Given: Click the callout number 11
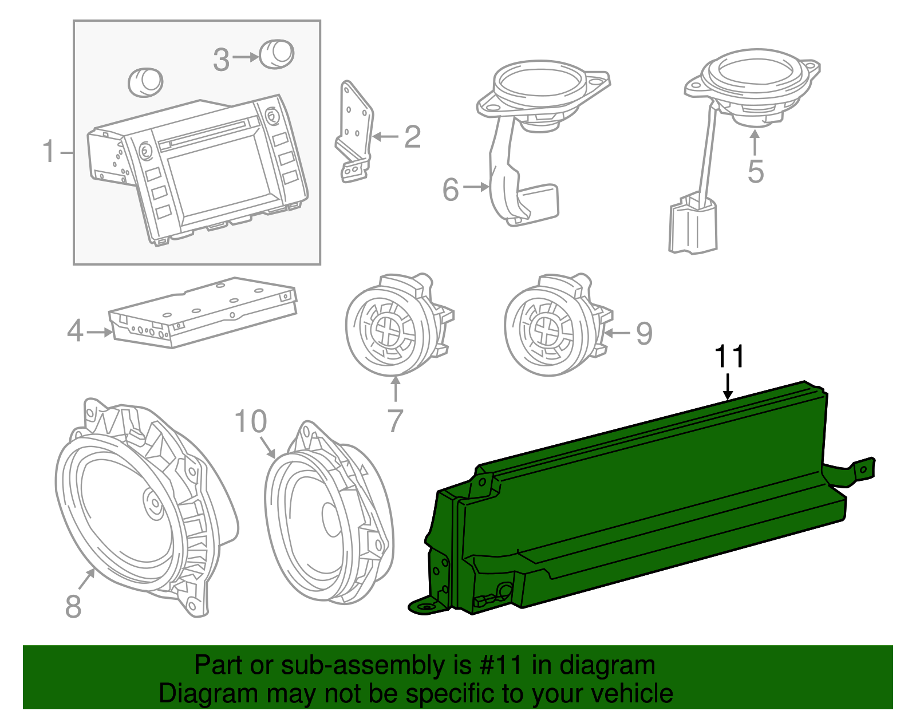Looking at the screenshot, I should tap(729, 357).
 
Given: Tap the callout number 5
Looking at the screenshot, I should tap(756, 172).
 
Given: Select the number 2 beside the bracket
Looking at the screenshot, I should tap(412, 137).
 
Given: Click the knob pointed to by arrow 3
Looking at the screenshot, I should tap(277, 54).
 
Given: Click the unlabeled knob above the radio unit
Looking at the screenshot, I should tap(145, 81).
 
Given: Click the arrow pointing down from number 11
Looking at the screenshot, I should tap(728, 386).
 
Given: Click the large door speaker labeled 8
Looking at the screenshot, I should tap(137, 509).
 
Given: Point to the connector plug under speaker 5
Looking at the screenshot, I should tap(693, 226).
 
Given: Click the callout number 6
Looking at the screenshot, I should tap(451, 189).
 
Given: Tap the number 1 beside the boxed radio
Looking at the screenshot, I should tap(49, 152).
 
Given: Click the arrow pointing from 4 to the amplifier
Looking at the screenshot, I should tap(100, 332).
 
